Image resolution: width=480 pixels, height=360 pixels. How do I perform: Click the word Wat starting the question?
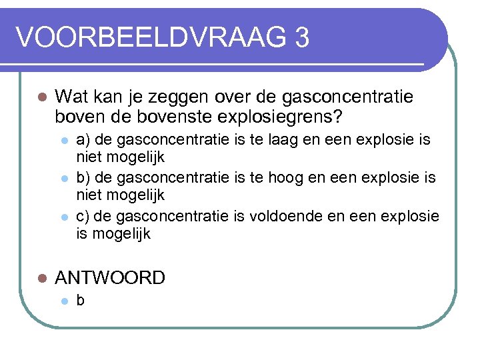click(x=69, y=97)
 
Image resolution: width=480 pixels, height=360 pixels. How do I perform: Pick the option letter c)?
click(x=83, y=216)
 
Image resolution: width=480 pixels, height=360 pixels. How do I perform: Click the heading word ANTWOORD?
click(x=110, y=277)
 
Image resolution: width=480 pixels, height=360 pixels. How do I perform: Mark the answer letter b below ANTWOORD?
click(x=81, y=301)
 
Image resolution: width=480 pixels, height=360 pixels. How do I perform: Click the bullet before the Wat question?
click(x=41, y=98)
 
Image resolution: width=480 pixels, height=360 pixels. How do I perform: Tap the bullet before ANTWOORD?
click(x=41, y=278)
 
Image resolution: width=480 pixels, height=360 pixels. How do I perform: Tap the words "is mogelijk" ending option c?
click(x=113, y=234)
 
